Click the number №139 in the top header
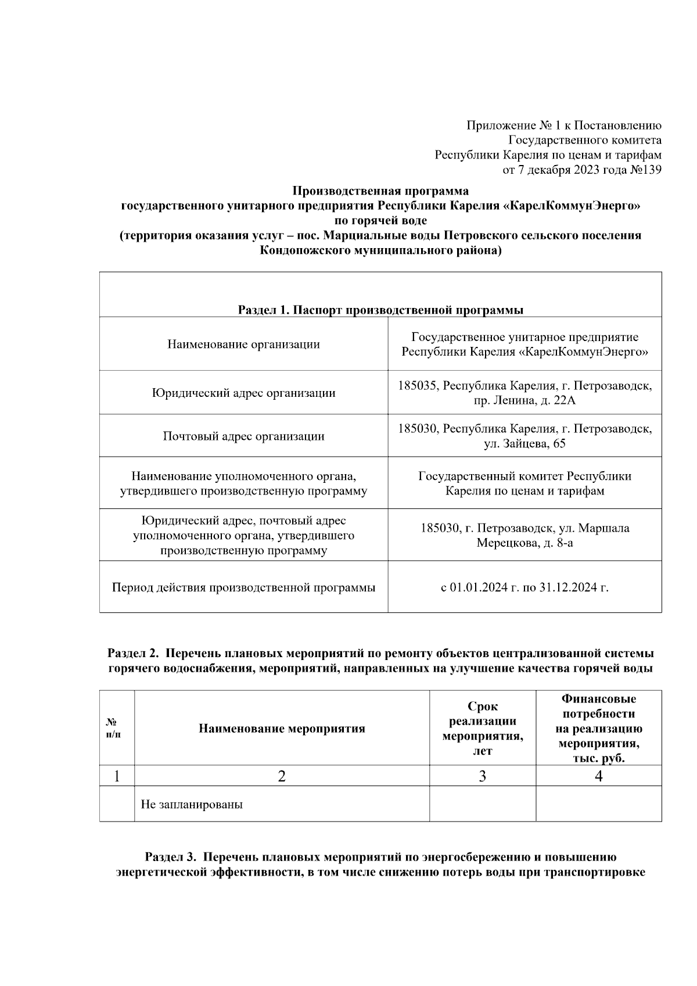pyautogui.click(x=645, y=170)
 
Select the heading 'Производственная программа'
pyautogui.click(x=380, y=191)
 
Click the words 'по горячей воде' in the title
pyautogui.click(x=380, y=221)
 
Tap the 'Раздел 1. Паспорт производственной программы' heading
pyautogui.click(x=380, y=310)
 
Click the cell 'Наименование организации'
pyautogui.click(x=243, y=345)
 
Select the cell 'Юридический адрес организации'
pyautogui.click(x=243, y=393)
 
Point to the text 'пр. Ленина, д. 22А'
pyautogui.click(x=524, y=400)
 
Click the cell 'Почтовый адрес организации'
pyautogui.click(x=243, y=436)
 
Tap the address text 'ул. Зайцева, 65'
pyautogui.click(x=524, y=444)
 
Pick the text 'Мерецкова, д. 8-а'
pyautogui.click(x=524, y=543)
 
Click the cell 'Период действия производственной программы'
pyautogui.click(x=243, y=587)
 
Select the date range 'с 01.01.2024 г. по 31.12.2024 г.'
pyautogui.click(x=524, y=587)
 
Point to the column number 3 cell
pyautogui.click(x=482, y=776)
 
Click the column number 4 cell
pyautogui.click(x=598, y=776)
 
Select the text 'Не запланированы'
pyautogui.click(x=192, y=805)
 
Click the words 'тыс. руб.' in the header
pyautogui.click(x=598, y=759)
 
